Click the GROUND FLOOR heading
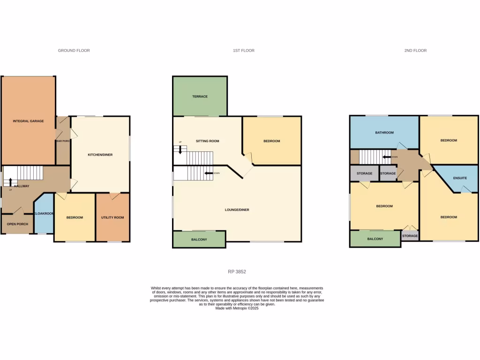[x=74, y=50]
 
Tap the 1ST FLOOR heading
[x=243, y=50]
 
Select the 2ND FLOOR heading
[x=415, y=50]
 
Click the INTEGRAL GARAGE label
[x=28, y=121]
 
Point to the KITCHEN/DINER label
[x=100, y=155]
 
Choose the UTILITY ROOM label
[x=112, y=217]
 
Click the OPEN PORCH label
[x=17, y=224]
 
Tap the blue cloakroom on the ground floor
[x=45, y=213]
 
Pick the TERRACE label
[x=200, y=97]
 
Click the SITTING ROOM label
[x=207, y=141]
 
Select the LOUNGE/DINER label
[x=237, y=210]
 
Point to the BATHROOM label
[x=384, y=133]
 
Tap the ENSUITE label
[x=460, y=178]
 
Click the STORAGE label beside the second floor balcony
[x=410, y=236]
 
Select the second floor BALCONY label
[x=375, y=239]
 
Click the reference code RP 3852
[x=237, y=271]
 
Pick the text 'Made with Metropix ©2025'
[x=237, y=308]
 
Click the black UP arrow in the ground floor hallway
[x=10, y=182]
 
